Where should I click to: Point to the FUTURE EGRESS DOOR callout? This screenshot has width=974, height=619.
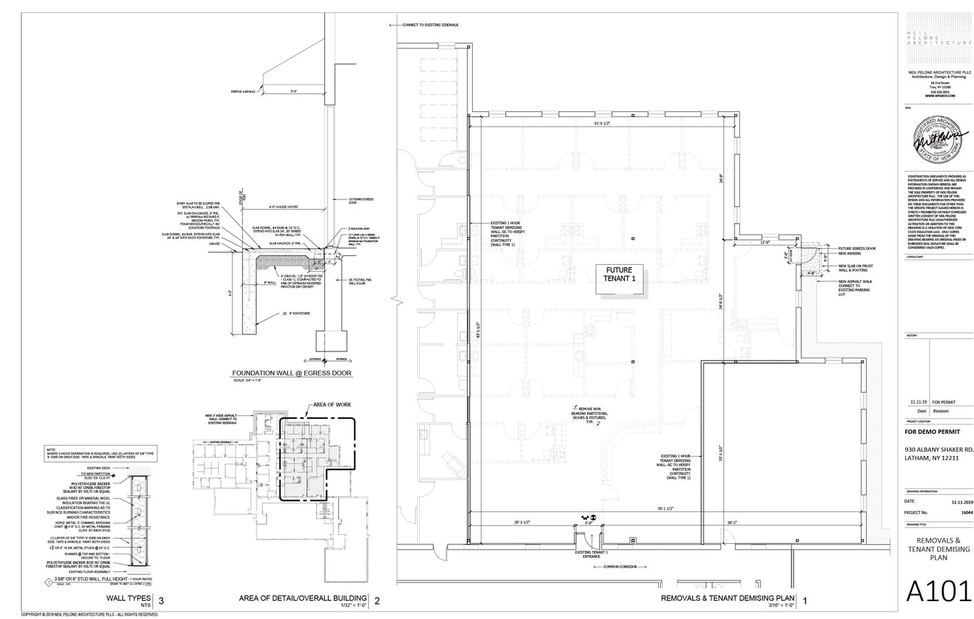click(x=856, y=248)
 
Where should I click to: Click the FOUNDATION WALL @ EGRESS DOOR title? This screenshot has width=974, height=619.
click(x=291, y=373)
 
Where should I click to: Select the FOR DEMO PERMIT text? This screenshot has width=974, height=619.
click(x=932, y=431)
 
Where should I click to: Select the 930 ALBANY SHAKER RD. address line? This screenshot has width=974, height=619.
click(x=939, y=450)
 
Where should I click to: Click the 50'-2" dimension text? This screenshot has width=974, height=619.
click(x=730, y=523)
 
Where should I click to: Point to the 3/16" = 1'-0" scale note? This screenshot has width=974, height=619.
click(x=781, y=605)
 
